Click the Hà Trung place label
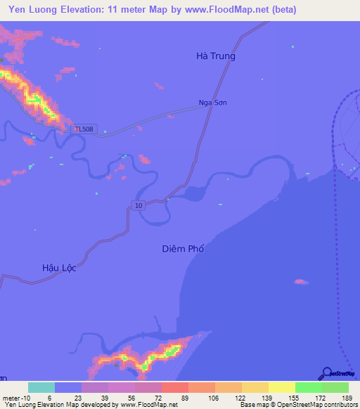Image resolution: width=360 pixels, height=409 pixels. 215,56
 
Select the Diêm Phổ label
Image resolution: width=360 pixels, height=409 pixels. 186,249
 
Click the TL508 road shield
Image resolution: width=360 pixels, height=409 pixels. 84,129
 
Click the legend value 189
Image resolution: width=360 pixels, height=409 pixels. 345,398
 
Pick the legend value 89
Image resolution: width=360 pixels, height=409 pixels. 185,398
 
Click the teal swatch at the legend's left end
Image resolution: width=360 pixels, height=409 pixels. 41,387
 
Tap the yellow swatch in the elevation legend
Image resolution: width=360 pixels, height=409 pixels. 281,387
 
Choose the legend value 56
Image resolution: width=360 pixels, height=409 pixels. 131,398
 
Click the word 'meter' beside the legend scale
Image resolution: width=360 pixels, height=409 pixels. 13,398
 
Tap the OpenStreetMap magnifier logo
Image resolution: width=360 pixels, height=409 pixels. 326,374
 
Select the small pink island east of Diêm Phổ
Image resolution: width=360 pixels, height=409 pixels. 300,282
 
